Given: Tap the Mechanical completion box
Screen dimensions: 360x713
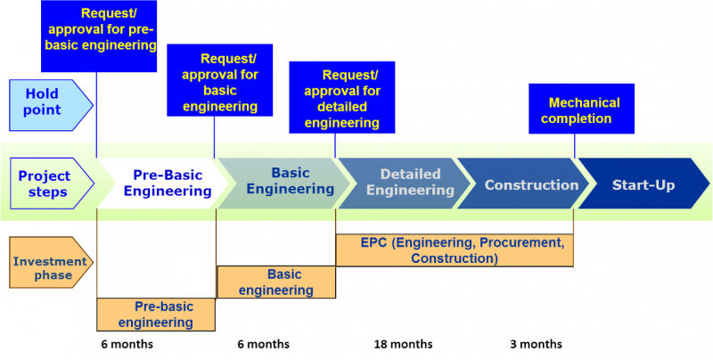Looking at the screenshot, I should pyautogui.click(x=581, y=110).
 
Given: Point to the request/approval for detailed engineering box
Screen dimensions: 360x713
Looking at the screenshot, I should pyautogui.click(x=341, y=98).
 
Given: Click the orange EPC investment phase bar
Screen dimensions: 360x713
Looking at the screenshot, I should pyautogui.click(x=455, y=250).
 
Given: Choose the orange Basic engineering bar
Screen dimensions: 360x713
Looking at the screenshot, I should pyautogui.click(x=276, y=282).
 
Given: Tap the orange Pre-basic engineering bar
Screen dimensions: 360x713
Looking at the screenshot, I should pyautogui.click(x=156, y=315).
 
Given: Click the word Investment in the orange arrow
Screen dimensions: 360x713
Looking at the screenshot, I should pyautogui.click(x=50, y=261).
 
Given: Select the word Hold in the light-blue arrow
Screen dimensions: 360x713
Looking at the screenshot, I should pyautogui.click(x=42, y=94).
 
